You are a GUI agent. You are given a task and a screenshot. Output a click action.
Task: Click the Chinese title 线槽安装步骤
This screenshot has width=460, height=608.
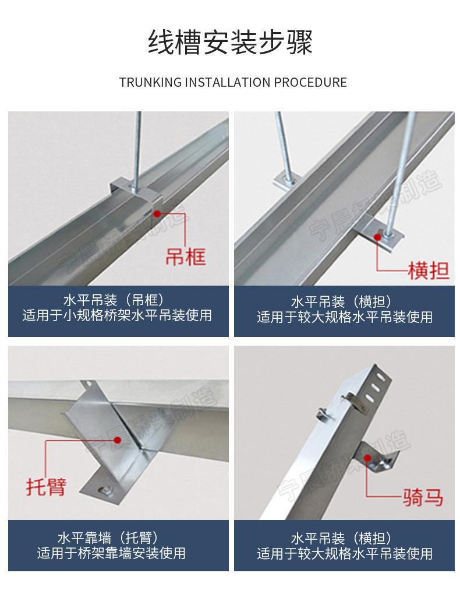(x=230, y=43)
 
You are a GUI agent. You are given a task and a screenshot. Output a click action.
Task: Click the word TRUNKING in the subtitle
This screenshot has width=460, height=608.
(x=150, y=82)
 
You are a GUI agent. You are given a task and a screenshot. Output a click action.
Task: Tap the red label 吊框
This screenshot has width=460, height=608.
(x=186, y=256)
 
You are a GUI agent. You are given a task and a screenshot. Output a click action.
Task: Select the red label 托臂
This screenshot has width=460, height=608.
(x=46, y=486)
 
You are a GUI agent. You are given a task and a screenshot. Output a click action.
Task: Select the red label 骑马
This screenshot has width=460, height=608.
(x=423, y=497)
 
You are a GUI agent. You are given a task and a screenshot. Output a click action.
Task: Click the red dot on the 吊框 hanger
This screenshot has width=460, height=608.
(x=157, y=214)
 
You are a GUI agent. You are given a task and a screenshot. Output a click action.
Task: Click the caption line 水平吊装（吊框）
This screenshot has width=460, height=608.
(x=117, y=301)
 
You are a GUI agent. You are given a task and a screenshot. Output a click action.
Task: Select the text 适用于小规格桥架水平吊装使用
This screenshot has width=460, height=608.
(x=117, y=316)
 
